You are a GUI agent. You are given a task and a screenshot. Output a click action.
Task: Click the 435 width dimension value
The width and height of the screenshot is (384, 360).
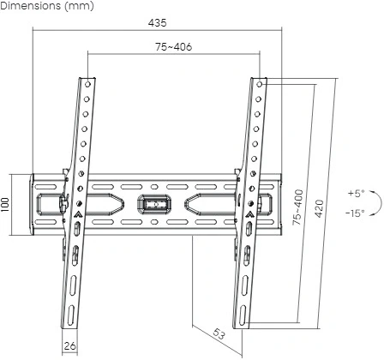157,21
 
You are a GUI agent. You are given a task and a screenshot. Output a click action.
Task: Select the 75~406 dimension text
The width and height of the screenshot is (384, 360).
173,47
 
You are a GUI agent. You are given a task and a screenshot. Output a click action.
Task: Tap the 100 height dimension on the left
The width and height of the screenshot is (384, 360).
8,207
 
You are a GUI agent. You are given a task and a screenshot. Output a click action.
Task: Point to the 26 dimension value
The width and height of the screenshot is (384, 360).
70,346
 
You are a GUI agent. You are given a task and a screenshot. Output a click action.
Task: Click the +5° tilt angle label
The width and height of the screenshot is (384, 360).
356,193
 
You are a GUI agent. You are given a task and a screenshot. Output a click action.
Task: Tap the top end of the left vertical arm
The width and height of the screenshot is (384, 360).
89,81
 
